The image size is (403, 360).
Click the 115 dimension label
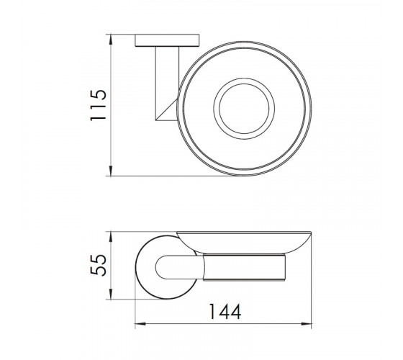[x=98, y=105]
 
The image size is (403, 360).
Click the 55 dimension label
[x=98, y=265]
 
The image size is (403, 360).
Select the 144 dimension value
[x=225, y=311]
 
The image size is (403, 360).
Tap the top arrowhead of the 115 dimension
[x=111, y=39]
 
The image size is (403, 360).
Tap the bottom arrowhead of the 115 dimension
[x=111, y=171]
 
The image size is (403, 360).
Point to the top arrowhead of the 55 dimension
[x=111, y=237]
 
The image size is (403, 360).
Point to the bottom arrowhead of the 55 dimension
[x=111, y=294]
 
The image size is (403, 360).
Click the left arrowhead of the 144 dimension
[x=140, y=324]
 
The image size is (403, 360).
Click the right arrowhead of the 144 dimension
[x=306, y=324]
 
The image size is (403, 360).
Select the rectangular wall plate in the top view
[x=167, y=40]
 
